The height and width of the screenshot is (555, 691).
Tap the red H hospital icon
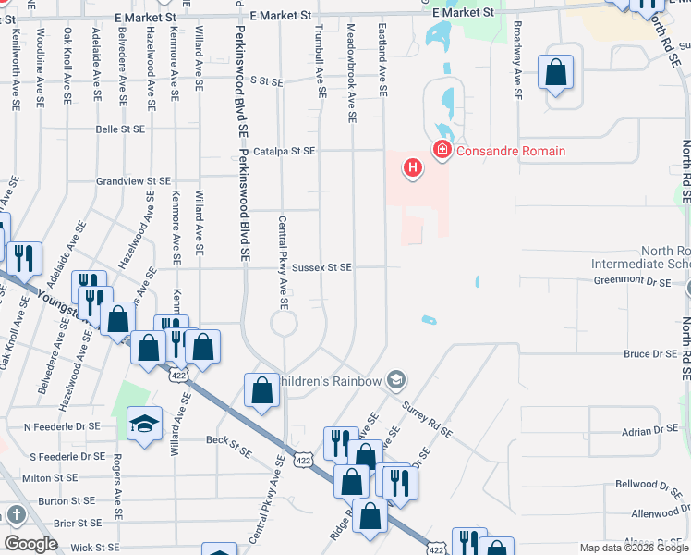tap(412, 168)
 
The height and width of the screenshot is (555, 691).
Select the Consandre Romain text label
tap(511, 151)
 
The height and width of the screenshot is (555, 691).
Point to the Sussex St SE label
tap(321, 267)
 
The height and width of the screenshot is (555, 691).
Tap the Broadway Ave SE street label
tap(517, 69)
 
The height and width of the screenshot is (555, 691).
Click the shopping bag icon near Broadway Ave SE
tap(555, 74)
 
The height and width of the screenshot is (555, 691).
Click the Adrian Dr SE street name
tap(649, 430)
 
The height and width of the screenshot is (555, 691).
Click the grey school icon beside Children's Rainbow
tap(396, 380)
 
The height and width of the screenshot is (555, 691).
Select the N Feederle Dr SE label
tap(61, 426)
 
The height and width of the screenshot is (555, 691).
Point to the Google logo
tap(30, 544)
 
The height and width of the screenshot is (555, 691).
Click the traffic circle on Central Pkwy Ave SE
tap(283, 324)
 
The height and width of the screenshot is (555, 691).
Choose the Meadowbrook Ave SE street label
tap(351, 74)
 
